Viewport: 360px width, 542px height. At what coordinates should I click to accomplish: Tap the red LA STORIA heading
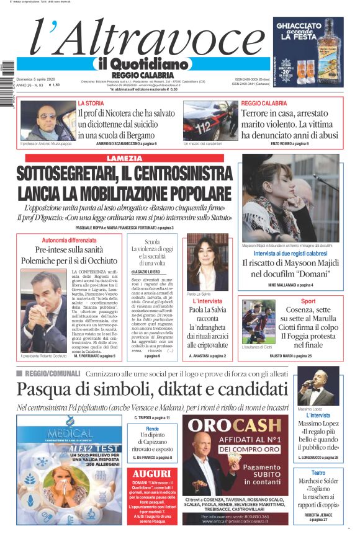pos(91,103)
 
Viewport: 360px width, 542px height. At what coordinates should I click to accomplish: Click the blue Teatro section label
pos(318,473)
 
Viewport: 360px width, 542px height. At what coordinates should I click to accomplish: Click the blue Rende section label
pos(152,429)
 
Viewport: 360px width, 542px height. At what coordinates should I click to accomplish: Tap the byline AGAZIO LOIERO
pos(151,272)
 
